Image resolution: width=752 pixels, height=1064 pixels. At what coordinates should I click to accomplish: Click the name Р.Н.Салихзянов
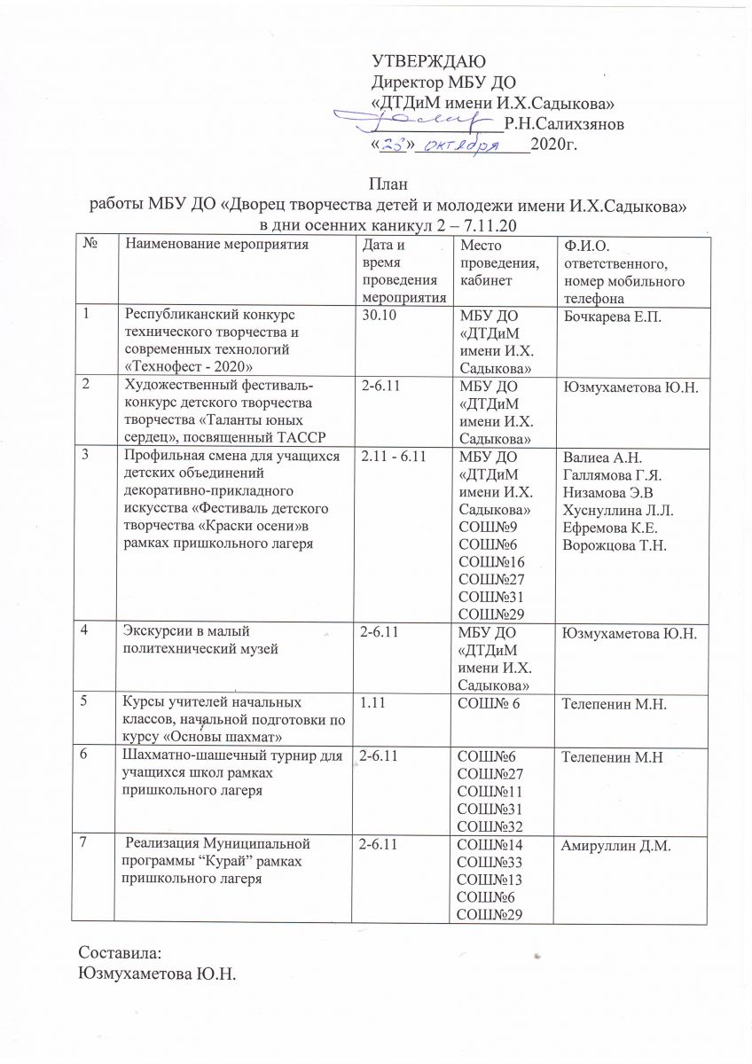point(563,123)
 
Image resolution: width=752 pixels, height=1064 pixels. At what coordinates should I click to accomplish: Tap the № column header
point(90,244)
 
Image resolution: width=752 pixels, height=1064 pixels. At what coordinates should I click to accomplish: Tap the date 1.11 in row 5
point(368,703)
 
